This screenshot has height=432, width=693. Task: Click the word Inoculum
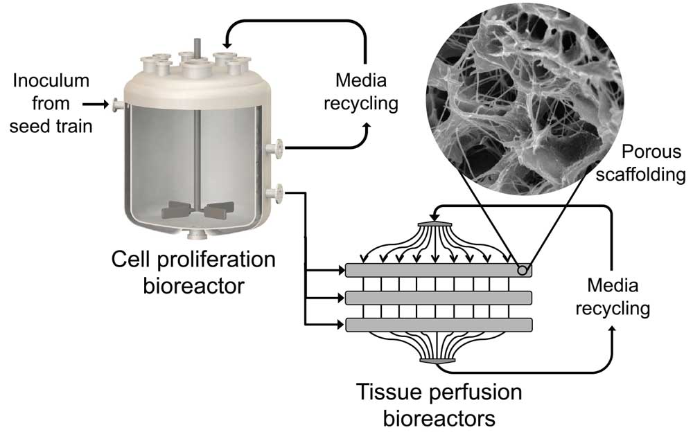51,81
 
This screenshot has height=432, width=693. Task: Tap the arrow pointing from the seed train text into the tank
96,105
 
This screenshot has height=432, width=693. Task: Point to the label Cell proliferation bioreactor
193,272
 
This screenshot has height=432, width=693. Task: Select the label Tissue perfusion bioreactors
439,404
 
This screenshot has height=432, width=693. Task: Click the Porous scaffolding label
640,163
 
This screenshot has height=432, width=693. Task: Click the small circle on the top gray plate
522,270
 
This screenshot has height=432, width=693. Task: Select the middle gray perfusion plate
439,298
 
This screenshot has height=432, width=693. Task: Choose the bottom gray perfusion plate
439,325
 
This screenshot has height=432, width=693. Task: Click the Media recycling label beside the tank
361,92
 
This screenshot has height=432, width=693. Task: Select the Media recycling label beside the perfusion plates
613,296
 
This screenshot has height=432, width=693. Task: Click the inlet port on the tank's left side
118,105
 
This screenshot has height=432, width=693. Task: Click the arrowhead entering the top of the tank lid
227,44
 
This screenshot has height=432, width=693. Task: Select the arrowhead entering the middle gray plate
341,298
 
